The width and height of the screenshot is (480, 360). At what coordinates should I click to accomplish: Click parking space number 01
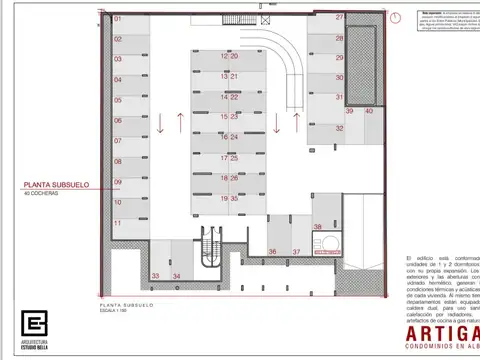pos(117,19)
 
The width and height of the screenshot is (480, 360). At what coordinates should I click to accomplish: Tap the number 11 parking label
pos(117,222)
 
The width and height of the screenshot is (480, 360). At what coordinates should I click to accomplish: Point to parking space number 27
pos(340,17)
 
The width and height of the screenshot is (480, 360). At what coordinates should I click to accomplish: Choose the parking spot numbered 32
pos(340,112)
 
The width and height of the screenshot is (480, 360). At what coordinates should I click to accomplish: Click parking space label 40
pos(369,112)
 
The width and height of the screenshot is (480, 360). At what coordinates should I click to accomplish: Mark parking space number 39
pos(350,112)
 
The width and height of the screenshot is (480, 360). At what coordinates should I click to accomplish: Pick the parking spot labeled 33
pos(155,276)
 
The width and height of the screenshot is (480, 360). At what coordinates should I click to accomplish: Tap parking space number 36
pos(272,251)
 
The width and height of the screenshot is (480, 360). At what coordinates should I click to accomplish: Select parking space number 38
pos(317,228)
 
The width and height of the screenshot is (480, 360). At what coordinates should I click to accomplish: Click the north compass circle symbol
pos(397,17)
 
